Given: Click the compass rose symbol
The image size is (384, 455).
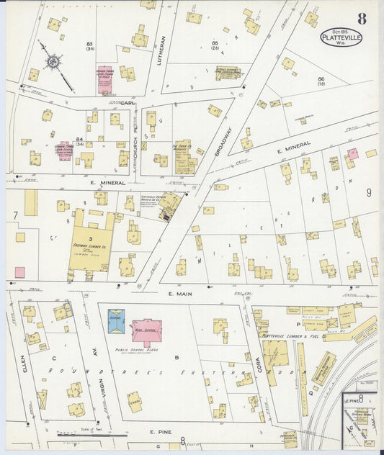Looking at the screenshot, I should [53, 63].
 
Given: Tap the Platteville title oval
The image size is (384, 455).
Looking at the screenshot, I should [341, 37].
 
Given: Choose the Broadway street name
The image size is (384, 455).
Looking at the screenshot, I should [223, 143].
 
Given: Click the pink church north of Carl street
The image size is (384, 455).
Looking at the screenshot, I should [105, 80].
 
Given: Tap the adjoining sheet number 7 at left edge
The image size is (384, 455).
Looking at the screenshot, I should [14, 215].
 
